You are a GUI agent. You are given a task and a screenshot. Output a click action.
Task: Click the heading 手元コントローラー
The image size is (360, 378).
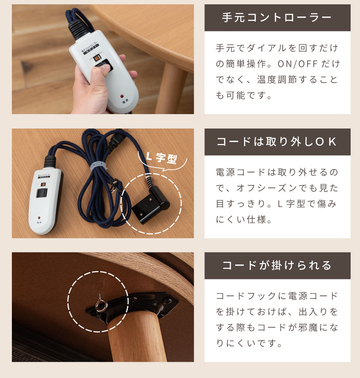[277, 18]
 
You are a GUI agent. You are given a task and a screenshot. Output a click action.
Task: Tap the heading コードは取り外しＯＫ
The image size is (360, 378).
[277, 142]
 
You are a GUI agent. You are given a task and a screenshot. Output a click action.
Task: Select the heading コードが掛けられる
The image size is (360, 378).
[277, 266]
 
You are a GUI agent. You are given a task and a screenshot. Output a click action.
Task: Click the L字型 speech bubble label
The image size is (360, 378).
[162, 158]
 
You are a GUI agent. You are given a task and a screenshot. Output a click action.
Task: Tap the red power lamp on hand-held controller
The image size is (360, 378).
[122, 96]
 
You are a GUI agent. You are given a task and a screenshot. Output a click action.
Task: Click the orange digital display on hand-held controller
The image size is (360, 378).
[96, 59]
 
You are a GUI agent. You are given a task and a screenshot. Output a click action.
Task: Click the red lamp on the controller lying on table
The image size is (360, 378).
[39, 218]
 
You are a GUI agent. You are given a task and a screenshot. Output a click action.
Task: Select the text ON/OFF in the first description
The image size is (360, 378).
[297, 64]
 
